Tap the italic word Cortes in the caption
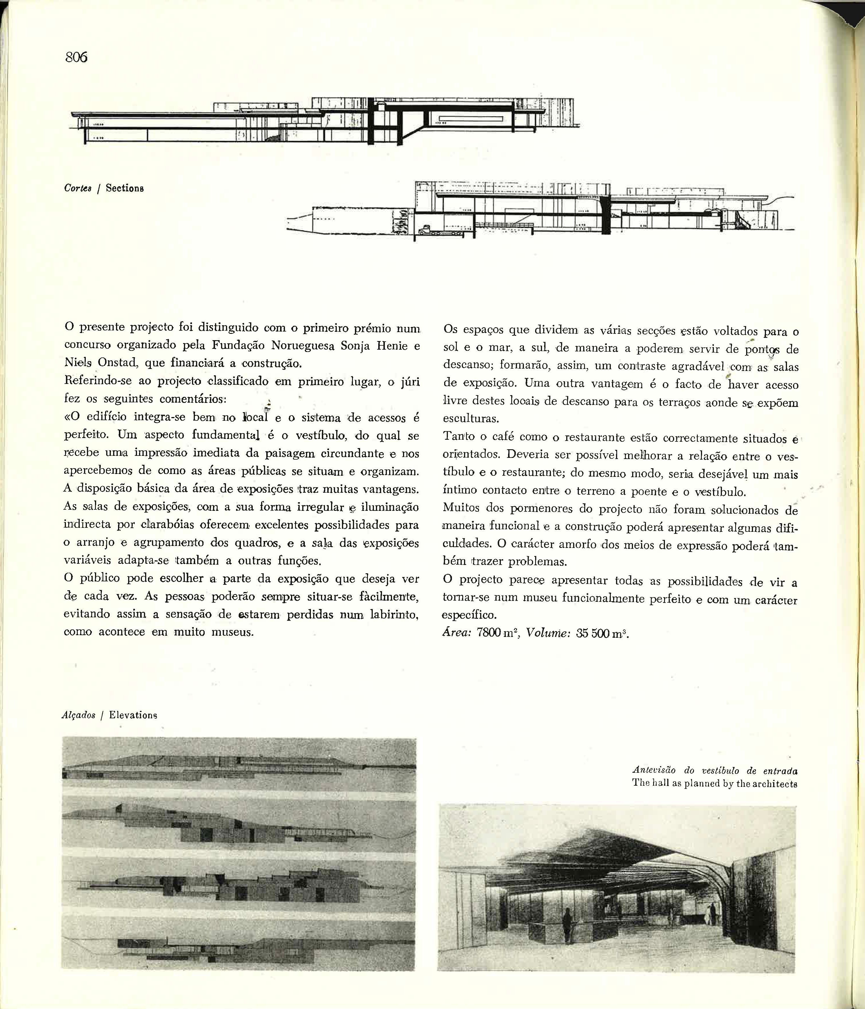[77, 189]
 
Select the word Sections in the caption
[125, 189]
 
